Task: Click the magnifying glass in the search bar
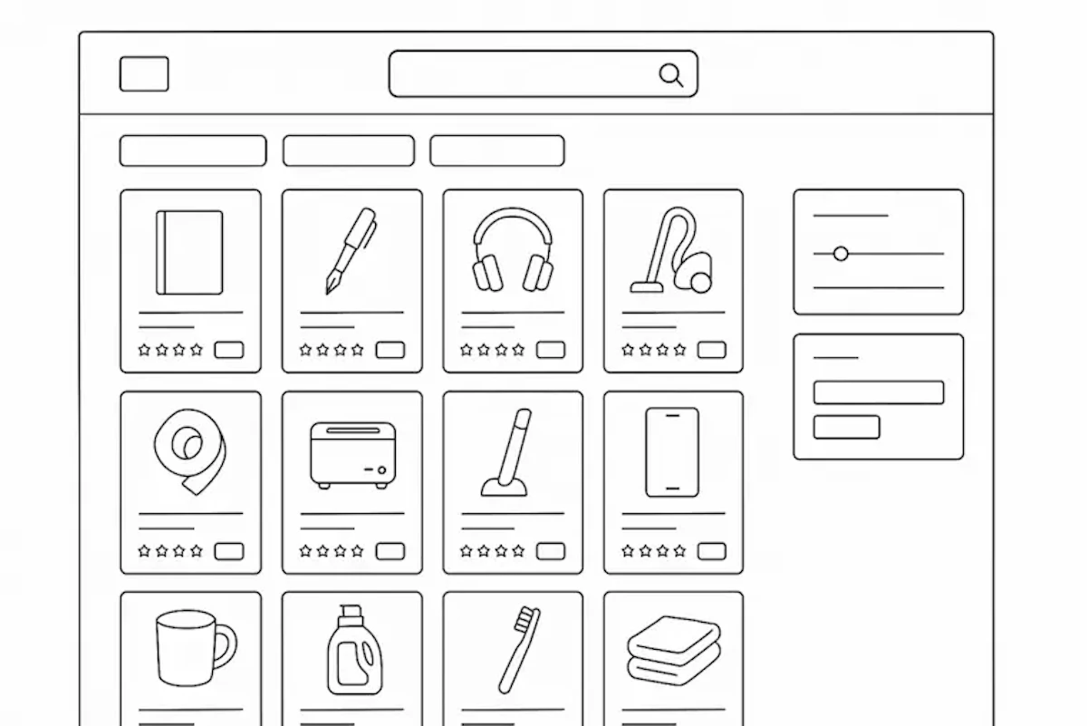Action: (x=670, y=74)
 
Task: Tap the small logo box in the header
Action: (x=144, y=74)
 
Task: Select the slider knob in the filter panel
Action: (x=841, y=254)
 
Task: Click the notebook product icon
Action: (x=189, y=252)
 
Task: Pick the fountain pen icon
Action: (x=351, y=251)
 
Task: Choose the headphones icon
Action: (x=513, y=251)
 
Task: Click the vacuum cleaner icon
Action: (x=672, y=251)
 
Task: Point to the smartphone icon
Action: (x=672, y=451)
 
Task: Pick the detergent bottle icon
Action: (x=354, y=651)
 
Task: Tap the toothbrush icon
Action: (x=518, y=650)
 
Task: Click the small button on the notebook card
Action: (x=228, y=350)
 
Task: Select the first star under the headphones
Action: (x=467, y=350)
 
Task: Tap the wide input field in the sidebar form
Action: (x=878, y=392)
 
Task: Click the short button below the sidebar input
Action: (x=846, y=427)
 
